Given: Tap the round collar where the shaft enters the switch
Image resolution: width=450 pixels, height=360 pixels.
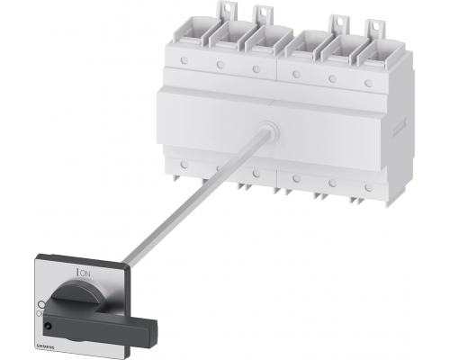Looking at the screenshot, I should coord(268,132).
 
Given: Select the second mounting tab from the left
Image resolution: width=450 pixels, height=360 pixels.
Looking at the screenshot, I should coord(262,13).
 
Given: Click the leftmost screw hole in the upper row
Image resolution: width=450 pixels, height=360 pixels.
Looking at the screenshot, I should coord(182,60).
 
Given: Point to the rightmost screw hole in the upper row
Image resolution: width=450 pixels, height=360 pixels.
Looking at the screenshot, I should coord(369,83).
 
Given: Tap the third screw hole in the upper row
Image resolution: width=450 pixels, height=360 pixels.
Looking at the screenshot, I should coord(256,68).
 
